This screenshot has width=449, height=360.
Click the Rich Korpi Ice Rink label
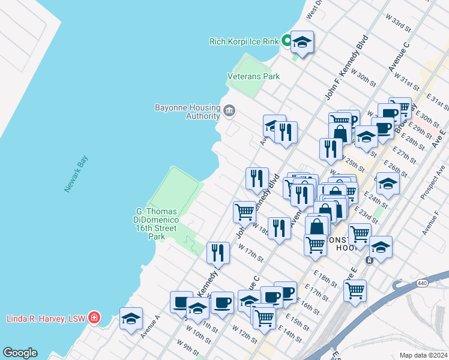tap(244, 41)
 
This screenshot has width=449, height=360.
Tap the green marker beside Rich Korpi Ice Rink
tap(287, 41)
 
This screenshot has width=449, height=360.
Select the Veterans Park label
tap(253, 77)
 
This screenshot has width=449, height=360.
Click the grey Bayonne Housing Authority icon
tap(229, 110)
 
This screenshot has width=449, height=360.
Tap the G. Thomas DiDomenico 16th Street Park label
tap(157, 223)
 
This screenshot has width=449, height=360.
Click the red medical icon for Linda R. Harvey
tap(94, 317)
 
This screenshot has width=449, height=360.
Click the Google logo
tap(20, 353)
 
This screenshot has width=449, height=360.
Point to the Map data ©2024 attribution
tap(423, 355)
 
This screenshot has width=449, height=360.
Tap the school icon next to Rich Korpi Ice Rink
tap(302, 42)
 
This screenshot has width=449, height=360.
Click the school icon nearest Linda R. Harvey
tap(131, 319)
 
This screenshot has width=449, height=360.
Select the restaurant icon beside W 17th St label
tap(218, 253)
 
